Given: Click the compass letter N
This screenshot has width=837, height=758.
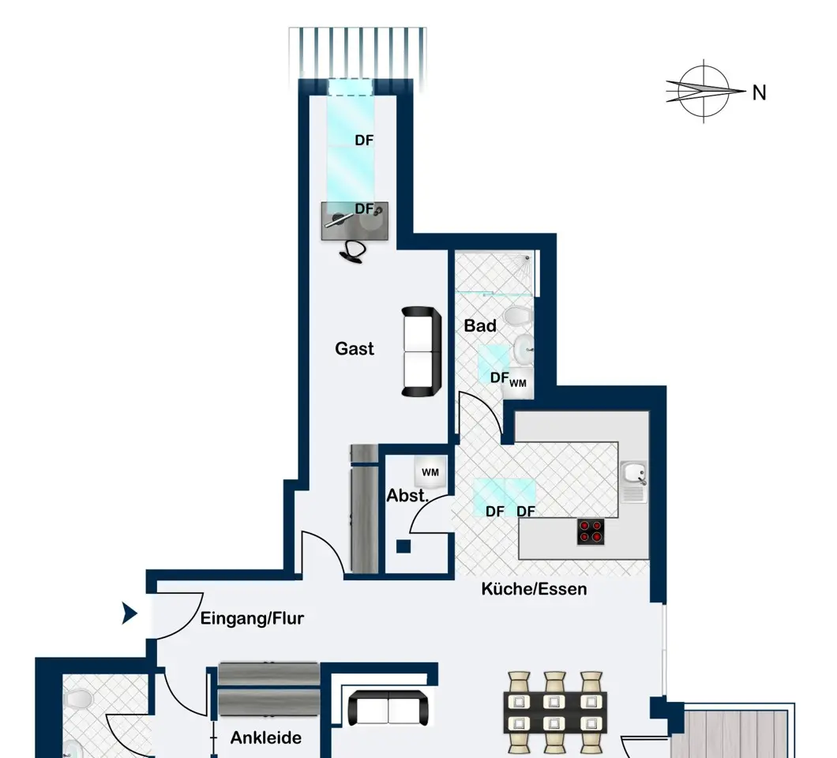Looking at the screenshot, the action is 759,93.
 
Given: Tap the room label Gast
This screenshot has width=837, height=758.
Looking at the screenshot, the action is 355,348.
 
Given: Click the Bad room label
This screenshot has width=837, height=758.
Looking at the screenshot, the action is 480,325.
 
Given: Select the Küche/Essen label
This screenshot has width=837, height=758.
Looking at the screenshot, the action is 534,589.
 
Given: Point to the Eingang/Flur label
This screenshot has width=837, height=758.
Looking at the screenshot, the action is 252,619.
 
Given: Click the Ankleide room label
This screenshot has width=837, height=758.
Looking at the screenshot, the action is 266,737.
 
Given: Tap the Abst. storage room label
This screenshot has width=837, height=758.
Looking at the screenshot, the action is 407,496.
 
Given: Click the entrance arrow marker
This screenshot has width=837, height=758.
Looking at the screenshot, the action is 129,614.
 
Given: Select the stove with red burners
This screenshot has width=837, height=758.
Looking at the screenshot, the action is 591,531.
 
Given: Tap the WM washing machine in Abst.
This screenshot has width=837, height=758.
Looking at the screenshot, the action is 430,472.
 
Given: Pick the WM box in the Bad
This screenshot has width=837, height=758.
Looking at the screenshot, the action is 517,383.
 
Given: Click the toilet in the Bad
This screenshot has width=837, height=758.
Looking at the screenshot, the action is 516,317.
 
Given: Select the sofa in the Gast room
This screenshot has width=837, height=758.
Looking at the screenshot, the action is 421,352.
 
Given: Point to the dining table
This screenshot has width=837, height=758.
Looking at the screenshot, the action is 555,713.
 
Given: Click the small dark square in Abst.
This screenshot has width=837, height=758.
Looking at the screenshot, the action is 403,546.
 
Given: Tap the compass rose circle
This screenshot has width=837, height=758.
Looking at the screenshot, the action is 704,92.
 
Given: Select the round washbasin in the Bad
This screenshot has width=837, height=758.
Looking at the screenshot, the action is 523,349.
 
